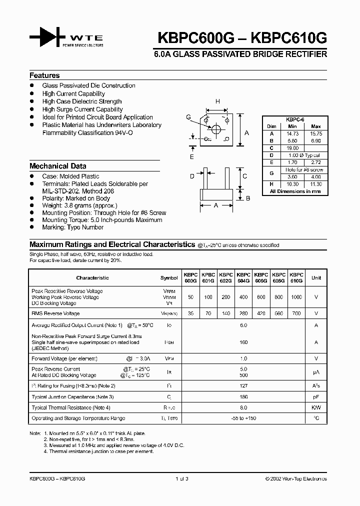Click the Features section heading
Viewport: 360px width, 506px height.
(44, 75)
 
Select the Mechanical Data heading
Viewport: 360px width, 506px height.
(57, 166)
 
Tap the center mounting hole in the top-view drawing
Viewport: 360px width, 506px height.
(216, 129)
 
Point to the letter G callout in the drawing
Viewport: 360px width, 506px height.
(188, 117)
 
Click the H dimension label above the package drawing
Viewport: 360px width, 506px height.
(217, 101)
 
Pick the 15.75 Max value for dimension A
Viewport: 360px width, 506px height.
(315, 133)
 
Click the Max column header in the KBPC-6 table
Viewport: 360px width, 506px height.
(315, 126)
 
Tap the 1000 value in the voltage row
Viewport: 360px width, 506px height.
(296, 297)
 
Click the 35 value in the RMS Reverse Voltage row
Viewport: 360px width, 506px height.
(190, 313)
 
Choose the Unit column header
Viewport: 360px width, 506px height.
(316, 278)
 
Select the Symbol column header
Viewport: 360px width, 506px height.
(169, 278)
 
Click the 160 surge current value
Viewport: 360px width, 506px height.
(243, 342)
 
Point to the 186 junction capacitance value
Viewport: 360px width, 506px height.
(243, 396)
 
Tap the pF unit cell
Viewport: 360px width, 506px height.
(316, 396)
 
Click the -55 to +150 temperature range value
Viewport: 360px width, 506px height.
(243, 418)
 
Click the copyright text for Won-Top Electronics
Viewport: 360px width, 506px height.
(296, 478)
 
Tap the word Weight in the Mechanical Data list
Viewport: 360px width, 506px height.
(51, 205)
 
